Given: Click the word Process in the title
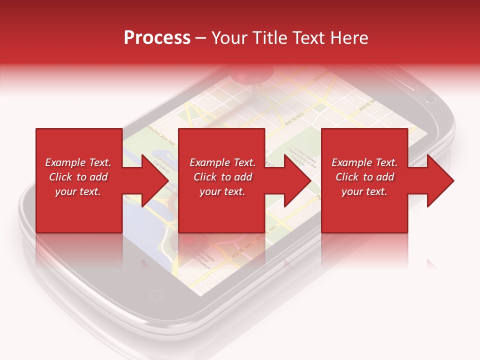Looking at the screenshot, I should point(157,38).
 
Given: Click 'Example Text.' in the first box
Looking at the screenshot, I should point(78,162).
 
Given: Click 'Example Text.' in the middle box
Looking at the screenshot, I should point(222,162).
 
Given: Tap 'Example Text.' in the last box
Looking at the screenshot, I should point(364,162).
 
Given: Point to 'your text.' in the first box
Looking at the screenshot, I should point(78,191).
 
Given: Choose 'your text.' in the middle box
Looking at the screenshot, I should point(222,191).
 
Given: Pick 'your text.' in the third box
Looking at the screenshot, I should point(364,191).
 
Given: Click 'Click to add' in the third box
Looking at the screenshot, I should point(364,177).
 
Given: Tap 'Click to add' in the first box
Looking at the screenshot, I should point(78,177).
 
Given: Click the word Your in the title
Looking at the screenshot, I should point(230,38).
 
